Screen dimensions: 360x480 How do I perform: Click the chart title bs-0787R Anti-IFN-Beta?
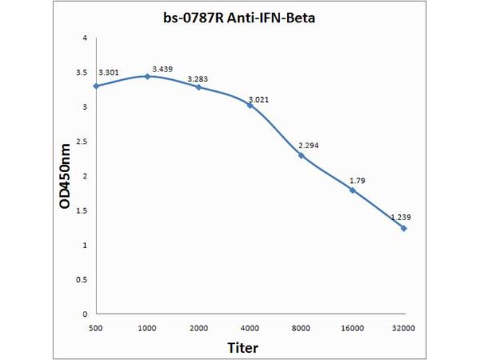point(240,19)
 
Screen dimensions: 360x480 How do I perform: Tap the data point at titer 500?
point(96,86)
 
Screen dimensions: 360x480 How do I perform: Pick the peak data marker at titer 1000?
point(147,76)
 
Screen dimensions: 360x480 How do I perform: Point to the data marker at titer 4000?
point(250,105)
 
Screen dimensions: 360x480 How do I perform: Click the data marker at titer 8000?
point(301,155)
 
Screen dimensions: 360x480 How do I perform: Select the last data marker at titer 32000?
point(404,228)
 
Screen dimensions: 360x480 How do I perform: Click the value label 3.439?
point(163,69)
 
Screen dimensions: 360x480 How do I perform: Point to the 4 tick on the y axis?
point(85,38)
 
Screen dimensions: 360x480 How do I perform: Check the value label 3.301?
point(109,73)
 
